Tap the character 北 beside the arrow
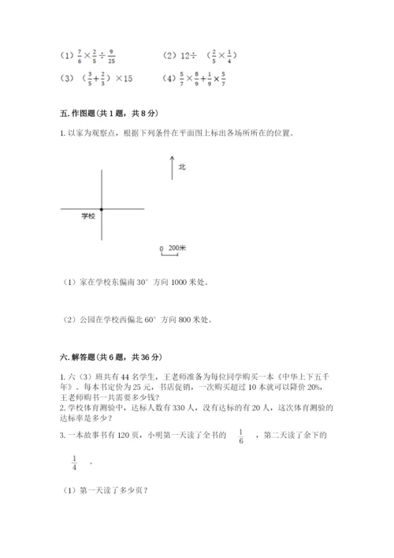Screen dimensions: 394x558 click(182, 167)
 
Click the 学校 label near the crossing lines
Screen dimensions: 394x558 click(89, 215)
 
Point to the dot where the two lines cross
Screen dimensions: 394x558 click(102, 208)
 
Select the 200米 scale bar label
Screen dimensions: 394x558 click(177, 248)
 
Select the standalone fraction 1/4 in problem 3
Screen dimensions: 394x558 click(75, 463)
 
